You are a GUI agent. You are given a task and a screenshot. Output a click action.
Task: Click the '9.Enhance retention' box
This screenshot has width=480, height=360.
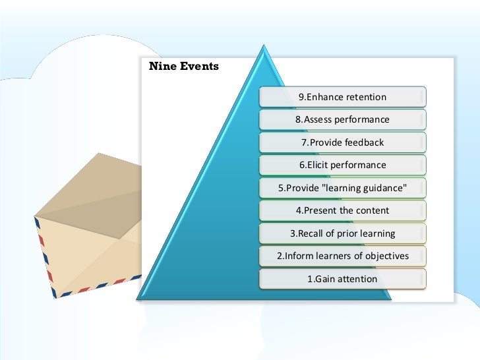pos(342,97)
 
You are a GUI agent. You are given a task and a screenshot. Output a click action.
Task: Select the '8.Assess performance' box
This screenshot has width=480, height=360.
pos(342,120)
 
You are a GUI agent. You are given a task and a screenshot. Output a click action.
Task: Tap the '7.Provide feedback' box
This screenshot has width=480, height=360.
pos(342,142)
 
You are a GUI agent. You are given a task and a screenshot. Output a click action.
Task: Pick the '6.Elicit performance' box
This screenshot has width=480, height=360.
pos(342,165)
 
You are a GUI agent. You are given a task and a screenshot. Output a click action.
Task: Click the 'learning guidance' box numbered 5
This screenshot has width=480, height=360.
pos(342,188)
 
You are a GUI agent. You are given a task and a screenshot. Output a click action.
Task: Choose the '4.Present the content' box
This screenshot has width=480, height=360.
pos(342,210)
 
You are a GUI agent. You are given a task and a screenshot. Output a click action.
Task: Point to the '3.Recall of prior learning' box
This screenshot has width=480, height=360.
pos(342,233)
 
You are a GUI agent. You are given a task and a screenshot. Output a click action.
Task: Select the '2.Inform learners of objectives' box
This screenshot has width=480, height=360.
pos(342,256)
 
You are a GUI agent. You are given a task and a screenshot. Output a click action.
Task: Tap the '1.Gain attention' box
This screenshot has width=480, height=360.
pos(342,279)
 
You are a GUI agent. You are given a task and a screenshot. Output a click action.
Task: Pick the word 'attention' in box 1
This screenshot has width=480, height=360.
pos(356,279)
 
